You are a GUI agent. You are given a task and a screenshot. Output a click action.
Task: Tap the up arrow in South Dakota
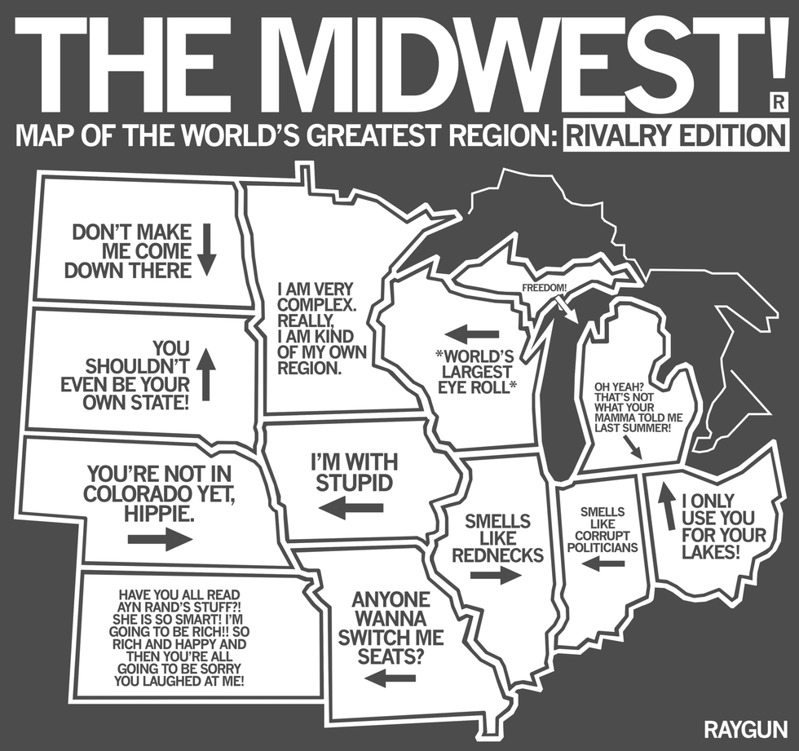coord(206,374)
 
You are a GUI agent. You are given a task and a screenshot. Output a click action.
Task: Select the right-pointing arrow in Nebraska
coord(160,538)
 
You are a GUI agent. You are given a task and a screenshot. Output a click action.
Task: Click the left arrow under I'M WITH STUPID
coord(351,509)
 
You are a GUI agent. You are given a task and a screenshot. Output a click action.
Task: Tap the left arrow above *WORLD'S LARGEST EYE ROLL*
coord(472,334)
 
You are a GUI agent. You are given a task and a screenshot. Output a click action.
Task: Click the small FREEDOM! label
coord(544,287)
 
